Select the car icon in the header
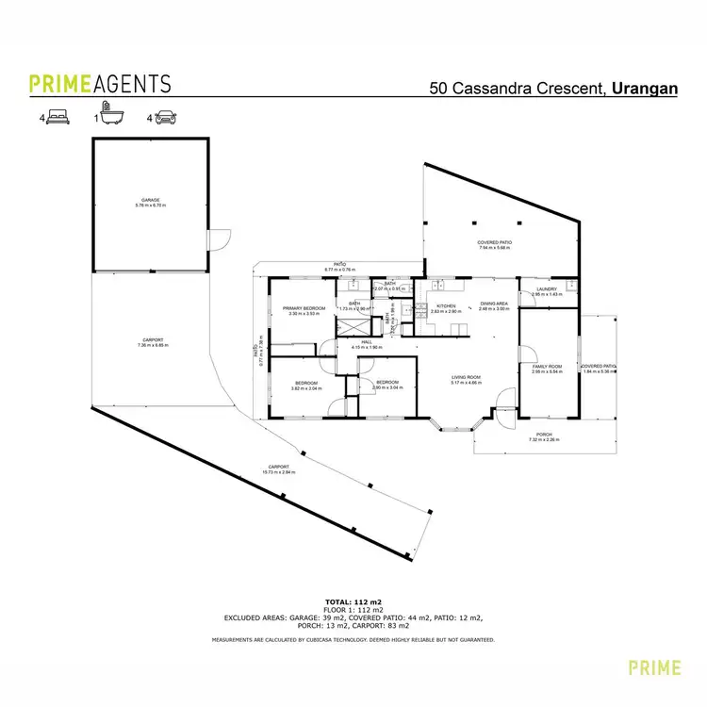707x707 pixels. pos(164,119)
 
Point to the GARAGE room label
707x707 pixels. pos(150,200)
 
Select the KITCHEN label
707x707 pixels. pos(446,305)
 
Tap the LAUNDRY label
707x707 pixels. pos(547,289)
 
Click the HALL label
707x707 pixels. pos(367,343)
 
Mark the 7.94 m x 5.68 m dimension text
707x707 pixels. pos(493,249)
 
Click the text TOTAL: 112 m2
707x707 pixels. pos(353,600)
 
